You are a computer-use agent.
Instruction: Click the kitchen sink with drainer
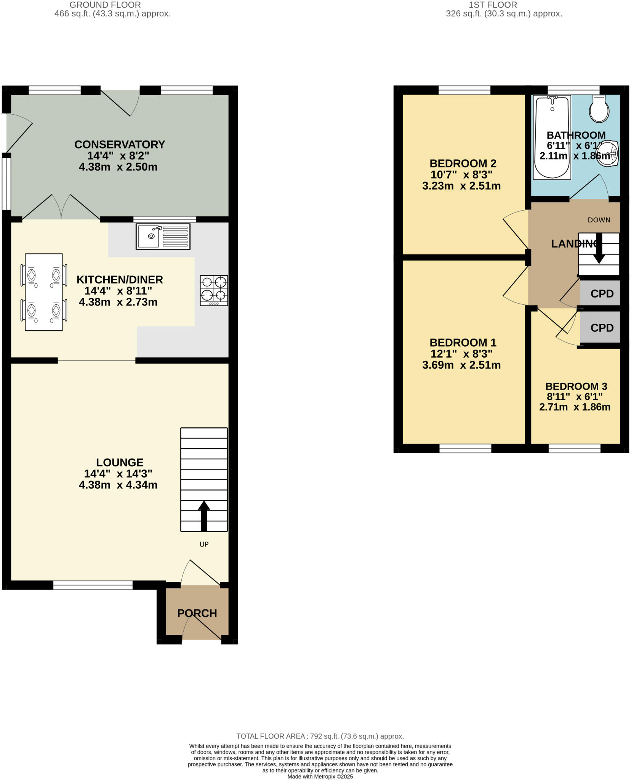[163, 237]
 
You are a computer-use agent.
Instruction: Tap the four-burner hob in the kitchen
[214, 290]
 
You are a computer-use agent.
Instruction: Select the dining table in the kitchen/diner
[44, 292]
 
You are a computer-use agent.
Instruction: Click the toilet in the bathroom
[599, 109]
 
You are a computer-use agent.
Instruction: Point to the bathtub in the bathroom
[552, 137]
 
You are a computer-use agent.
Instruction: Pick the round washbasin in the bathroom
[607, 154]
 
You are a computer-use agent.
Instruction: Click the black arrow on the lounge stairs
[204, 516]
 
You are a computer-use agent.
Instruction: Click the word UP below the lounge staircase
[204, 544]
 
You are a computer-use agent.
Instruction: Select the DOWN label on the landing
[599, 220]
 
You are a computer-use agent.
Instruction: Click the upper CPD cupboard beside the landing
[602, 294]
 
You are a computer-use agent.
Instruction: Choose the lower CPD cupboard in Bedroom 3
[602, 328]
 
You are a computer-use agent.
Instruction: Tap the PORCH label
[197, 613]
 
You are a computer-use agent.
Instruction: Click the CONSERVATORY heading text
[119, 145]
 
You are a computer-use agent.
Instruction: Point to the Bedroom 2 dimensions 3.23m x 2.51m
[461, 186]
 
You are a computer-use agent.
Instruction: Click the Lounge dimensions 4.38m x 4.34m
[118, 485]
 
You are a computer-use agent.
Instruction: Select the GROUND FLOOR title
[105, 5]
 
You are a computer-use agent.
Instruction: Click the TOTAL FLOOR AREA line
[320, 736]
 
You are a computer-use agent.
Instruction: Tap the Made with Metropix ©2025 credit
[320, 777]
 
